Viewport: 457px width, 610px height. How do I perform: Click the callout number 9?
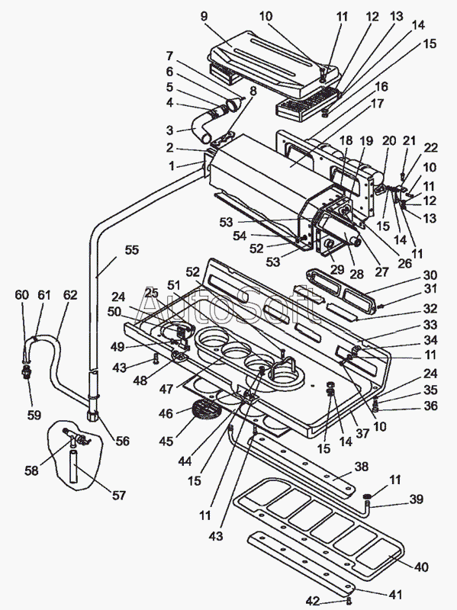coord(204,16)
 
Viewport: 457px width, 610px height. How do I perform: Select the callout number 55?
coord(131,250)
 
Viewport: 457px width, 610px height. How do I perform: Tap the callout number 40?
coord(421,567)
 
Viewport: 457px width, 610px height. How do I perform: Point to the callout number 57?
coord(119,495)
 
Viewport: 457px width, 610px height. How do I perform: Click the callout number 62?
coord(70,295)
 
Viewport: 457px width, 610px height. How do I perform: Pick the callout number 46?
coord(166,413)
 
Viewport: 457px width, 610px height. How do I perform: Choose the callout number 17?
coord(377,104)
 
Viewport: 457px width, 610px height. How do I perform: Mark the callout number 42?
coord(313,601)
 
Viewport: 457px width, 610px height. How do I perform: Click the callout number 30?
coord(430,275)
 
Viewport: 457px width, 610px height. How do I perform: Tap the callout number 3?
coord(169,130)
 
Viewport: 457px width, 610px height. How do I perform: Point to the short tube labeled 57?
coord(74,467)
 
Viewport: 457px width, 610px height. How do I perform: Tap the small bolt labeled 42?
coord(349,600)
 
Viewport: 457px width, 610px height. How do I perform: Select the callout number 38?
coord(362,466)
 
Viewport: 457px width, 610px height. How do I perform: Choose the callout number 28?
coord(356,274)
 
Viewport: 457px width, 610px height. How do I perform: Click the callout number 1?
coord(171,166)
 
